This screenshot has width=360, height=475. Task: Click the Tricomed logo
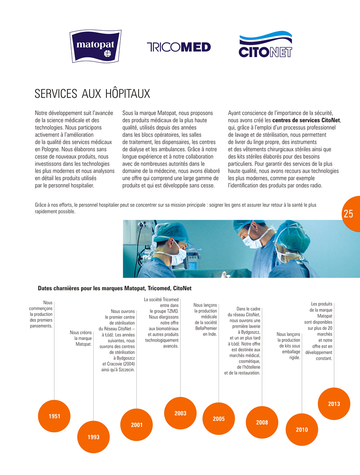click(x=178, y=47)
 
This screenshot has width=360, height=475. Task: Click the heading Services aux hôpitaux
click(x=92, y=94)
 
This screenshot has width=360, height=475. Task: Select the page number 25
click(x=349, y=214)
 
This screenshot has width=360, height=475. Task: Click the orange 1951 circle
click(x=55, y=416)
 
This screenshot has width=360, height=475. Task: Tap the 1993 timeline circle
click(x=94, y=437)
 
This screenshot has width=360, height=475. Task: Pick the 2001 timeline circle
click(x=137, y=425)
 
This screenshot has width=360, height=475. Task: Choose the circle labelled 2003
click(x=180, y=413)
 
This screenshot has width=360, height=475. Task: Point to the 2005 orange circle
click(x=219, y=419)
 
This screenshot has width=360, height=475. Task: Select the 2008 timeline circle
click(x=262, y=422)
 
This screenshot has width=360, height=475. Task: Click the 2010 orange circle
click(x=302, y=430)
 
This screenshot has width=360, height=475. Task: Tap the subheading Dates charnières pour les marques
click(x=115, y=289)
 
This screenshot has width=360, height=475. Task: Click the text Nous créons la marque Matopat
click(x=80, y=338)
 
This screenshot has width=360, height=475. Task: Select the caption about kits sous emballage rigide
click(x=289, y=346)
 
